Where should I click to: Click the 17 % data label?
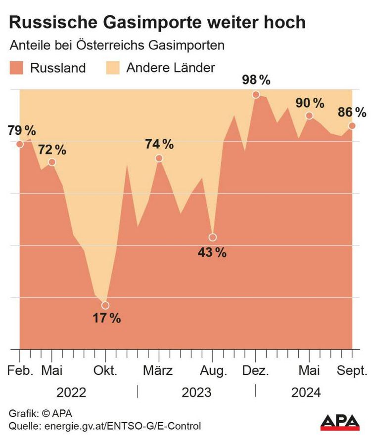(107, 319)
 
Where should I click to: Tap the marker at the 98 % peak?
(256, 94)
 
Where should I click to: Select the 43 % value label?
(212, 253)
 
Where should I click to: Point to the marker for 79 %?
(20, 144)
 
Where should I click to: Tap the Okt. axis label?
(105, 370)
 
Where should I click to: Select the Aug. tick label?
(213, 370)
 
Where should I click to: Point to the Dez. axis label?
(256, 370)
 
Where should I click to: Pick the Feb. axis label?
(20, 370)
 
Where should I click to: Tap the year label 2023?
(196, 393)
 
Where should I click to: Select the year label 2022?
(71, 393)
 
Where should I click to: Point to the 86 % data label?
(352, 112)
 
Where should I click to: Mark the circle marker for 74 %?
(159, 158)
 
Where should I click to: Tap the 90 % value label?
(310, 103)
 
